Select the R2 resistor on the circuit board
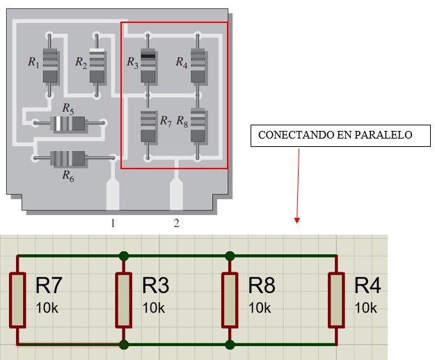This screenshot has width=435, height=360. pos(97,63)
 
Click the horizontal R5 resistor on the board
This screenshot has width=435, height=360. pos(68,124)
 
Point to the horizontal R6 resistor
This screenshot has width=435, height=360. pos(68,158)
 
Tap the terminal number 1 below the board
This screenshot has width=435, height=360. pos(111,224)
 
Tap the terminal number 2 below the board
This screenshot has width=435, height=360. pos(176,224)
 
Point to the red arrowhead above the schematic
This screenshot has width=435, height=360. pos(297,220)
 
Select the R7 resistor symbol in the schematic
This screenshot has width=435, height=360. pos(17,299)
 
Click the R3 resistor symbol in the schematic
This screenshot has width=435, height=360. pos(124,299)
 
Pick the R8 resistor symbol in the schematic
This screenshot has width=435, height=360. pos(230,299)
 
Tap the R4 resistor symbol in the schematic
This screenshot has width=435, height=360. pos(337,299)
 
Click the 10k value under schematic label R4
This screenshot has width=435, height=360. pos(366,307)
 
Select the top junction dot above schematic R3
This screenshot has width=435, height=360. pos(124,256)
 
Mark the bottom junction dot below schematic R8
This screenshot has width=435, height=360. pos(230,344)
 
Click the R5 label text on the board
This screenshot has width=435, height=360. pos(68,108)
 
